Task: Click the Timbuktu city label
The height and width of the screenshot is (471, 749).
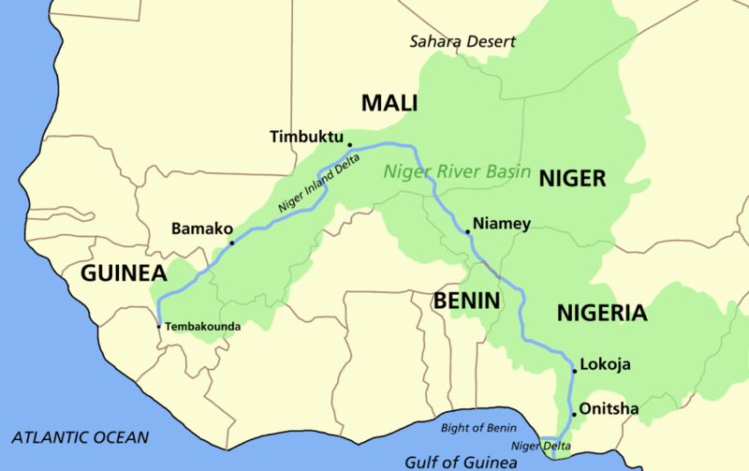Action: click(305, 137)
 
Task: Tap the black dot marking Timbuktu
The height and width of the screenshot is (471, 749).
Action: click(350, 145)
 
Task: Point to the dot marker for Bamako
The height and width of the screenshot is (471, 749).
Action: click(232, 241)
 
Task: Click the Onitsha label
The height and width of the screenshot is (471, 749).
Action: click(607, 408)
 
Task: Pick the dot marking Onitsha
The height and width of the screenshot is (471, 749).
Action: click(573, 414)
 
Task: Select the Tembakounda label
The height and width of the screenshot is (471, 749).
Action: click(204, 327)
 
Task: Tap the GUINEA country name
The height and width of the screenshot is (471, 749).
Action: click(124, 273)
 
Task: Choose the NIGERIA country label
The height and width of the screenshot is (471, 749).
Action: click(601, 313)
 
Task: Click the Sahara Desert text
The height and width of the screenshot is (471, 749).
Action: click(463, 42)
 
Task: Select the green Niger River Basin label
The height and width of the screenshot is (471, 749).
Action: click(457, 172)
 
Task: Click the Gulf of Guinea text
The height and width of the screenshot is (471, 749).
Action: click(462, 462)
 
